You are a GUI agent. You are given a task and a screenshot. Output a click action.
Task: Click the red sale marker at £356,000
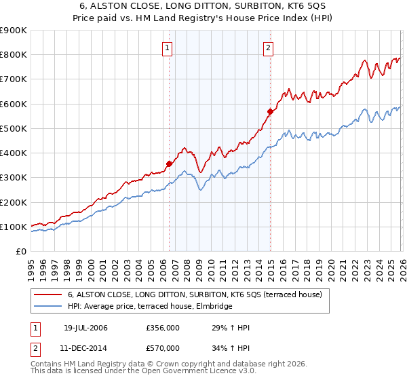(x=169, y=163)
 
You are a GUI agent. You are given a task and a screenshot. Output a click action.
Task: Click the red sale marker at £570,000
(x=270, y=111)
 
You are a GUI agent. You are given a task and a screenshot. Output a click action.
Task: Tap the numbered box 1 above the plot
(x=167, y=47)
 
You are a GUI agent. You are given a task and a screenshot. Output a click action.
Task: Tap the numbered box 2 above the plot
(x=269, y=47)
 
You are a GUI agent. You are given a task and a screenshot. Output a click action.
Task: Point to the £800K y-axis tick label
(x=14, y=55)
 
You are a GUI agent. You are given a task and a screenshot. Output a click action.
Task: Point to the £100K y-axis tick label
(x=14, y=227)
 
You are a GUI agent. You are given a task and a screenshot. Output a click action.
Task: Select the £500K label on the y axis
(x=14, y=128)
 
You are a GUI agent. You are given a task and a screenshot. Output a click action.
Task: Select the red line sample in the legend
(x=48, y=295)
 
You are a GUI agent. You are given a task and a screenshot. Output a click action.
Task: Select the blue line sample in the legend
(x=48, y=307)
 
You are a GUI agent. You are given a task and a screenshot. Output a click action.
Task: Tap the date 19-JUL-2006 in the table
(x=85, y=328)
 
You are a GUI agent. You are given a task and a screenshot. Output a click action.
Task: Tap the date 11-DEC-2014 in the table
(x=85, y=348)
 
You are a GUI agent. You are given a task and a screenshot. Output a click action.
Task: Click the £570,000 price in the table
(x=162, y=348)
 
